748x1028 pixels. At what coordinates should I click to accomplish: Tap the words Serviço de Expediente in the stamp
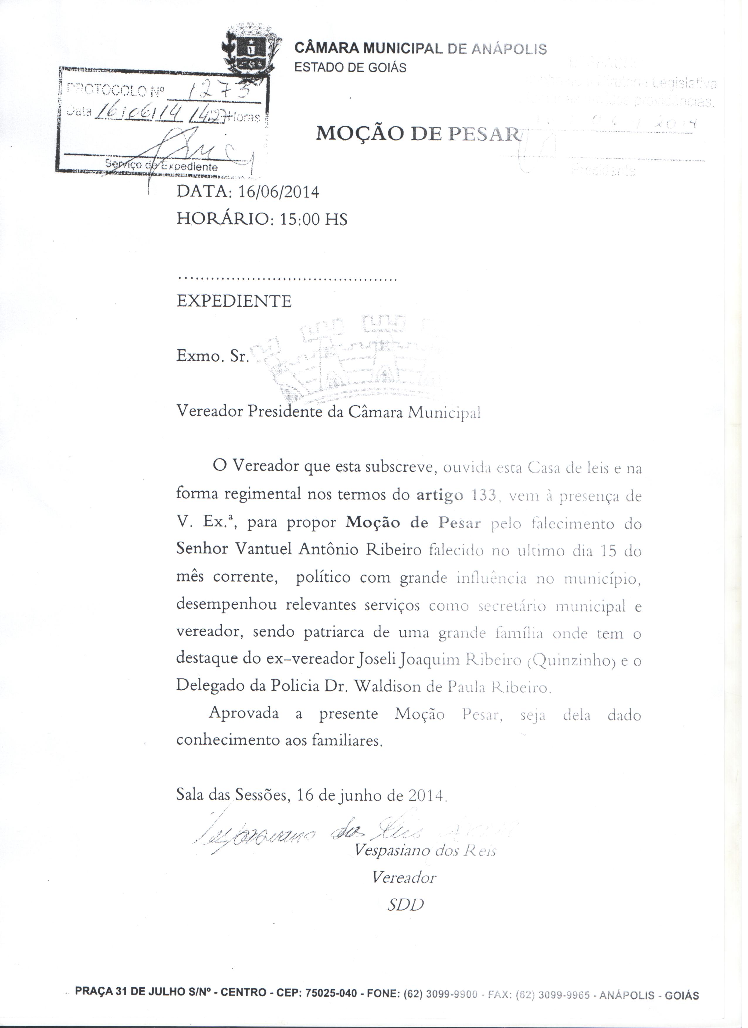[x=161, y=166]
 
